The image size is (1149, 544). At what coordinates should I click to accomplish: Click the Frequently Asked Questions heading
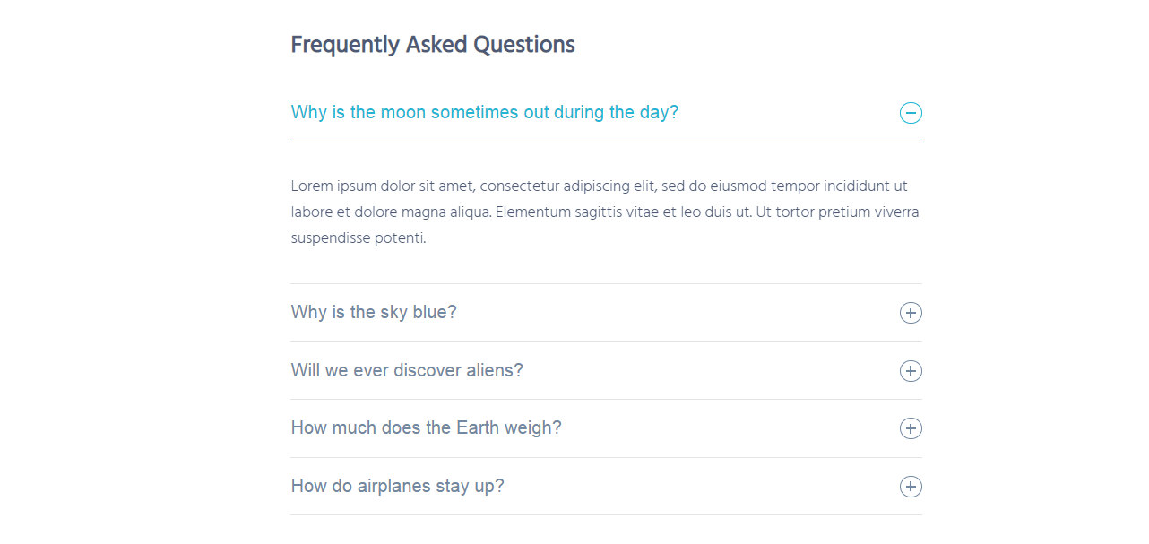432,45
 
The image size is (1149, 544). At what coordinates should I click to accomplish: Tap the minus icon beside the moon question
911,113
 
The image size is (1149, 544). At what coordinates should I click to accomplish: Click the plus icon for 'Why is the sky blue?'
911,313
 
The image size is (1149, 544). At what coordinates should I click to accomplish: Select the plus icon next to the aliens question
911,371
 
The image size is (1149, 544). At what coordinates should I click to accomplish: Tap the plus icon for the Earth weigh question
911,428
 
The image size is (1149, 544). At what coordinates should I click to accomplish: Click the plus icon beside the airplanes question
911,487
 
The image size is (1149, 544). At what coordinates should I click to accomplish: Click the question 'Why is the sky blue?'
374,312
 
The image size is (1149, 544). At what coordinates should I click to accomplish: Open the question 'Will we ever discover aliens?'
407,370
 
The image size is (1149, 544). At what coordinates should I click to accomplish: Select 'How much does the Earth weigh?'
426,428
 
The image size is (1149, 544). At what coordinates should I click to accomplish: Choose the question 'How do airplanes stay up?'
397,487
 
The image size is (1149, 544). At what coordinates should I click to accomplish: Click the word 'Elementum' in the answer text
533,212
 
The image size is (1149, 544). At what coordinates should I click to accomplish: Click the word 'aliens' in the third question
495,370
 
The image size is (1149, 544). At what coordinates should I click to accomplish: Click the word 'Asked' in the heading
436,45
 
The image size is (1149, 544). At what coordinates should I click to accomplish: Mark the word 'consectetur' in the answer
519,186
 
